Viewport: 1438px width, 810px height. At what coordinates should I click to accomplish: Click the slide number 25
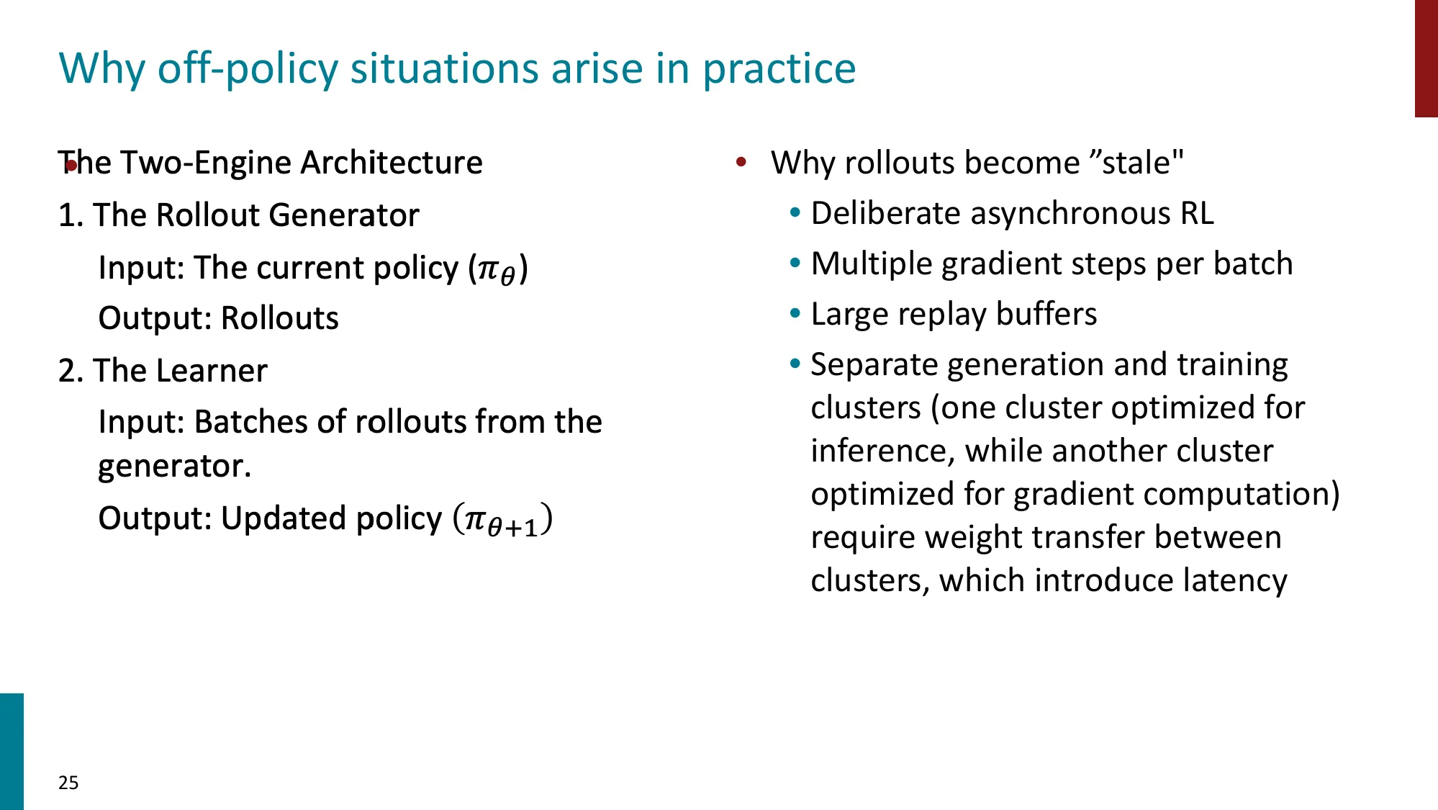pos(68,783)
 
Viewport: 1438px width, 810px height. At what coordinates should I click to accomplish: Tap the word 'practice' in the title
pos(779,68)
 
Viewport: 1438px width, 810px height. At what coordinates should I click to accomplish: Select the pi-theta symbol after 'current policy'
pos(497,269)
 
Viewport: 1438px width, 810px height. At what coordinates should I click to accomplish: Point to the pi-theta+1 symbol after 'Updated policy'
pos(502,520)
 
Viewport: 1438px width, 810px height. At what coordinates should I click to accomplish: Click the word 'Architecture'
pos(392,163)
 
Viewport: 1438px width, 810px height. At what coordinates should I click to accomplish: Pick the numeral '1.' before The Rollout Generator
pos(71,215)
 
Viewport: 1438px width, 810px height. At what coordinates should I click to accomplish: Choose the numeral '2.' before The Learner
pos(71,371)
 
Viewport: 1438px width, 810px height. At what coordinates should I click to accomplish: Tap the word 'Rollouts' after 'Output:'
pos(279,318)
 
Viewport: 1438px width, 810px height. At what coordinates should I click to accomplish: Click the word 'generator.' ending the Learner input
pos(174,466)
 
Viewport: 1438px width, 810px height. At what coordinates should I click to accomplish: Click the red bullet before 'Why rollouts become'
pos(741,163)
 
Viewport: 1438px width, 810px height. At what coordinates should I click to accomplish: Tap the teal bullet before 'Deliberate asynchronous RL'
pos(795,213)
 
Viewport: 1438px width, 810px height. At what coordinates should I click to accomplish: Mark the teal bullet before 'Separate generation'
pos(795,364)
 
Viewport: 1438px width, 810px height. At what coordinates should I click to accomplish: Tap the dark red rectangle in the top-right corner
pos(1426,58)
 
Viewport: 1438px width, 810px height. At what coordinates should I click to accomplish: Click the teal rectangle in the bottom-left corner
pos(12,751)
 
